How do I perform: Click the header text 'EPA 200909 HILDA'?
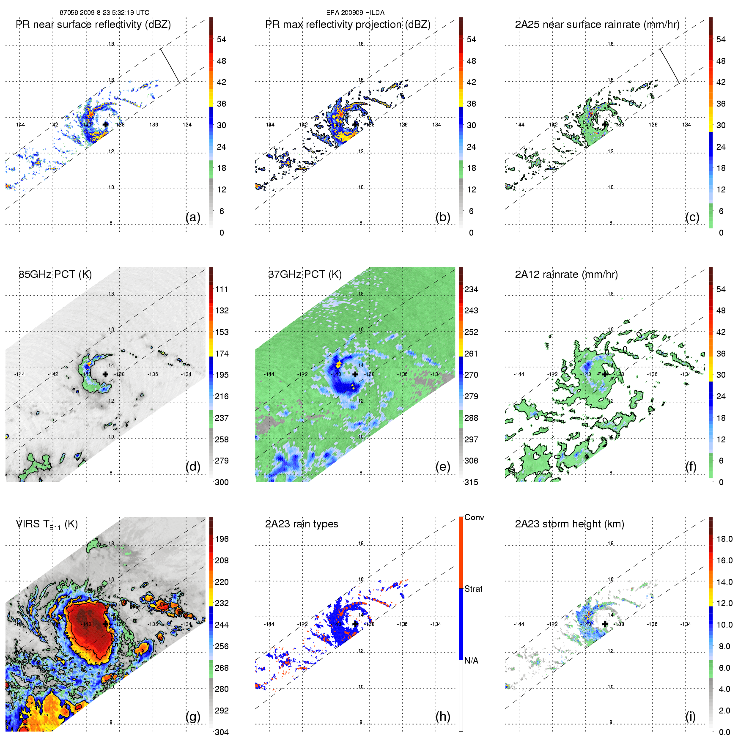point(355,13)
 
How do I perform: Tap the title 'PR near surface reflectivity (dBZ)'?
point(93,25)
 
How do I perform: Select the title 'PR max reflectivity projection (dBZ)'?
point(348,25)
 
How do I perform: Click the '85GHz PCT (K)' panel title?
point(55,274)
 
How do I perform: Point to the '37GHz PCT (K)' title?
point(305,274)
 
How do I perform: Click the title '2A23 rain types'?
point(302,524)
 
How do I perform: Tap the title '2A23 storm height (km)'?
point(569,524)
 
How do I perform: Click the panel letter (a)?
point(193,217)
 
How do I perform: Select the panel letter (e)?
point(442,467)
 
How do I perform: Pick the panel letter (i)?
point(690,716)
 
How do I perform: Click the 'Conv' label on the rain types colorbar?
point(474,517)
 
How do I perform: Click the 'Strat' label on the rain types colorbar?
point(473,589)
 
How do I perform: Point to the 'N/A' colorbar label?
point(471,661)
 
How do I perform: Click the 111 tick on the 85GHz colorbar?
point(222,289)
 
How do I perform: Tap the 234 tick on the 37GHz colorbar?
point(471,289)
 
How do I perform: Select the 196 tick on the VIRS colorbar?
point(222,539)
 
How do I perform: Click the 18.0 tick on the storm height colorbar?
point(724,539)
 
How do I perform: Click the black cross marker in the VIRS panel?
point(105,624)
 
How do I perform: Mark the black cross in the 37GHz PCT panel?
point(355,374)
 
